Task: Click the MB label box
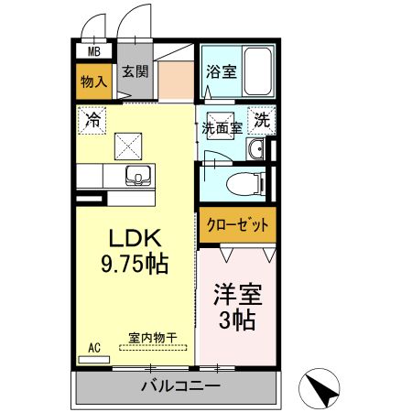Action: pos(93,52)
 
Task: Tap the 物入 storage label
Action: pos(93,81)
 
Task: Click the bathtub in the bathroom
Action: pos(256,71)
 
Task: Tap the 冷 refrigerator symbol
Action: pos(92,118)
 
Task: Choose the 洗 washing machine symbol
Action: pos(262,119)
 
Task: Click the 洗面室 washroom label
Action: pos(222,128)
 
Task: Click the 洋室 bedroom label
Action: pos(238,295)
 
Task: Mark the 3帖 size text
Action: pos(238,321)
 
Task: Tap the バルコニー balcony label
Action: pos(180,386)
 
